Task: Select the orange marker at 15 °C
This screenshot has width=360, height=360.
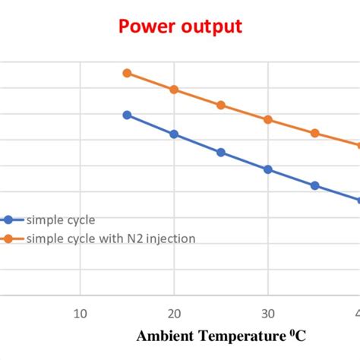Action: pos(127,73)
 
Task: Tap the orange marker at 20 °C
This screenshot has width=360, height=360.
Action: pos(174,90)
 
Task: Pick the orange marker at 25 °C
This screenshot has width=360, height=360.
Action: pos(221,105)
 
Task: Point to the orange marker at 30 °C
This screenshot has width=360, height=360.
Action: pos(267,119)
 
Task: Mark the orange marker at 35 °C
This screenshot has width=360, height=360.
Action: pos(314,133)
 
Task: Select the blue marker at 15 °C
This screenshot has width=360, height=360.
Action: pos(127,115)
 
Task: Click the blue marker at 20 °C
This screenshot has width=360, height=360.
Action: pos(174,134)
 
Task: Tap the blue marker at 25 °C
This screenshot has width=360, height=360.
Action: pos(221,152)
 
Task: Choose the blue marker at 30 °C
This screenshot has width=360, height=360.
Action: pos(267,169)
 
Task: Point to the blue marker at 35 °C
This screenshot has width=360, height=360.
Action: pos(314,185)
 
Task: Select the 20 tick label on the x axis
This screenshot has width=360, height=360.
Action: pos(174,312)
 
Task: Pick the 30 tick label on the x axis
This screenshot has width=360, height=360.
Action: pos(267,312)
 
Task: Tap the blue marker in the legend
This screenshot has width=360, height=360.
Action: pos(8,220)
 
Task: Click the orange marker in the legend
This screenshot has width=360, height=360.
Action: pos(8,238)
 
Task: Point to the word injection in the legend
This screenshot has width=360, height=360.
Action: pos(172,238)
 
